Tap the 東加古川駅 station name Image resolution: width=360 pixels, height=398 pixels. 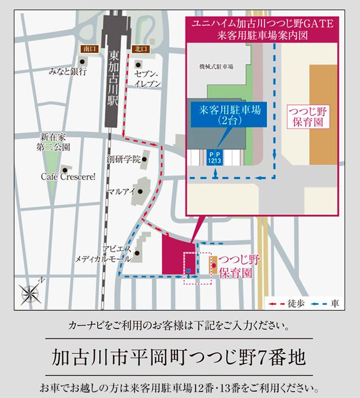[x=113, y=79]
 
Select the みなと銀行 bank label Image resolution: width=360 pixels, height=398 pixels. [x=68, y=71]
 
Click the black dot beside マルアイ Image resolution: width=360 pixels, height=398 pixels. [x=140, y=192]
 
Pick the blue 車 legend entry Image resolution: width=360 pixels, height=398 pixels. [x=324, y=303]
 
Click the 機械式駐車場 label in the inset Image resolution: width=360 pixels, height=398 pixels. [x=216, y=67]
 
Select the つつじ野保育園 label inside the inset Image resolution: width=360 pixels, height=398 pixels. [x=307, y=117]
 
